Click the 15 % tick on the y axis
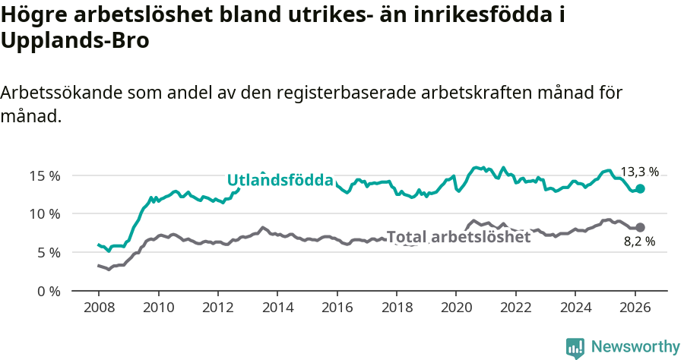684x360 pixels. [x=45, y=175]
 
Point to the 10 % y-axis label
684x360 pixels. [x=45, y=214]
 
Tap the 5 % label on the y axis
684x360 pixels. [x=48, y=253]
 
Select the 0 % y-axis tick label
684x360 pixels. [x=48, y=292]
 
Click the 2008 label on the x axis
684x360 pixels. [x=99, y=309]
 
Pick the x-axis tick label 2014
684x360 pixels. [x=277, y=309]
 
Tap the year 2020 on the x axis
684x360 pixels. [x=456, y=309]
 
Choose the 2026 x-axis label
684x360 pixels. [x=635, y=309]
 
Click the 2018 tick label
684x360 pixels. [x=397, y=309]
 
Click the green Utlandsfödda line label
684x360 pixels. [x=280, y=180]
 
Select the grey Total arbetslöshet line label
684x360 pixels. [x=458, y=237]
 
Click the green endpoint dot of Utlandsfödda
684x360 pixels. [x=640, y=188]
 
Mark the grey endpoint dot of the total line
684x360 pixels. [x=640, y=227]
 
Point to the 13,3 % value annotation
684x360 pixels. [x=639, y=172]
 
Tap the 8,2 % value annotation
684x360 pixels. [x=639, y=242]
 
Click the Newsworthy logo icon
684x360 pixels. [x=575, y=347]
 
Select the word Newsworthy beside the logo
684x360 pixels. [x=635, y=347]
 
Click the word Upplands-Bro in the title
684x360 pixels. [x=74, y=41]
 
